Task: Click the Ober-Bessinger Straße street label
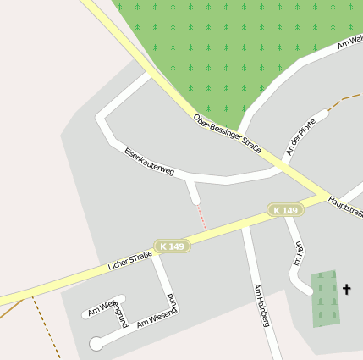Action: point(227,134)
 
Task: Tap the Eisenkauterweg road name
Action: point(148,161)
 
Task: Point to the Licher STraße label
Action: point(129,261)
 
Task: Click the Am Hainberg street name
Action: point(261,305)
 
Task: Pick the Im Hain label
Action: point(298,254)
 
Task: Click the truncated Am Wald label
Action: point(349,42)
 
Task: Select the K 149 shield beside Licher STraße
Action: point(171,246)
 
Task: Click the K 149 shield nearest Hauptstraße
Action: point(285,210)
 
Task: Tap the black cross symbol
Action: point(345,290)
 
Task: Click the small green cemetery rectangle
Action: point(323,298)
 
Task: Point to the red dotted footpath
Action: point(201,217)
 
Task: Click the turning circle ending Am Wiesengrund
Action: point(96,343)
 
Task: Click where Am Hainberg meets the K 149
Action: point(245,226)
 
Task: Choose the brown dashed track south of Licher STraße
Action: point(47,326)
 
